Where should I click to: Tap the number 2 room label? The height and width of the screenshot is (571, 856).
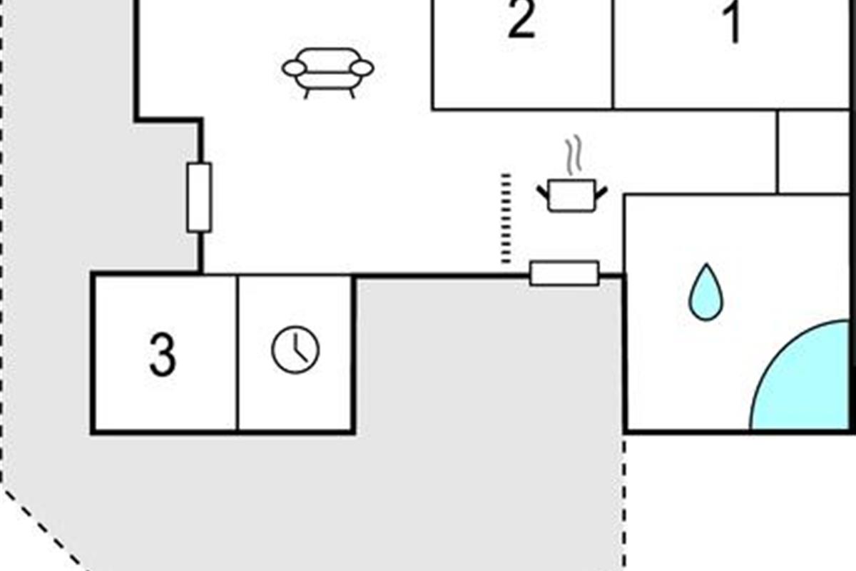(521, 21)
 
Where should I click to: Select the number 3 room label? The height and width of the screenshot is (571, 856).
(163, 355)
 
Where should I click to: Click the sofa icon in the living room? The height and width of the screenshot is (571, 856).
(328, 71)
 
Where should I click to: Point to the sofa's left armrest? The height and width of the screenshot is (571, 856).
(294, 69)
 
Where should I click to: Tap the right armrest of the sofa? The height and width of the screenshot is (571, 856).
(362, 69)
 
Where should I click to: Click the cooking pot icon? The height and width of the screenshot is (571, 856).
(571, 195)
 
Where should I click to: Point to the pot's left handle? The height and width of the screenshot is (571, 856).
(544, 191)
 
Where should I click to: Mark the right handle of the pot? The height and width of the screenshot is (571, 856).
(601, 191)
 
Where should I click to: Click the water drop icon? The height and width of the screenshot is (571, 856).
(705, 293)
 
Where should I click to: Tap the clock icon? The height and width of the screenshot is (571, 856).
(295, 350)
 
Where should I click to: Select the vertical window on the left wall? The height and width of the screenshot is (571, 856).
(199, 198)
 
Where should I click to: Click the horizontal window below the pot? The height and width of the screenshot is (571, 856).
(564, 273)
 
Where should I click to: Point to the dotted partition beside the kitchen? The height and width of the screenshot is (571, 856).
(506, 218)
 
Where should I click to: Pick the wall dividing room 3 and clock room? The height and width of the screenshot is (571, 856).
(237, 353)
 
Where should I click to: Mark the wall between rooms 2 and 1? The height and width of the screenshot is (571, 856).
(613, 54)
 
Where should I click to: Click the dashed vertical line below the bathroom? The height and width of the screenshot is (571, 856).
(625, 500)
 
